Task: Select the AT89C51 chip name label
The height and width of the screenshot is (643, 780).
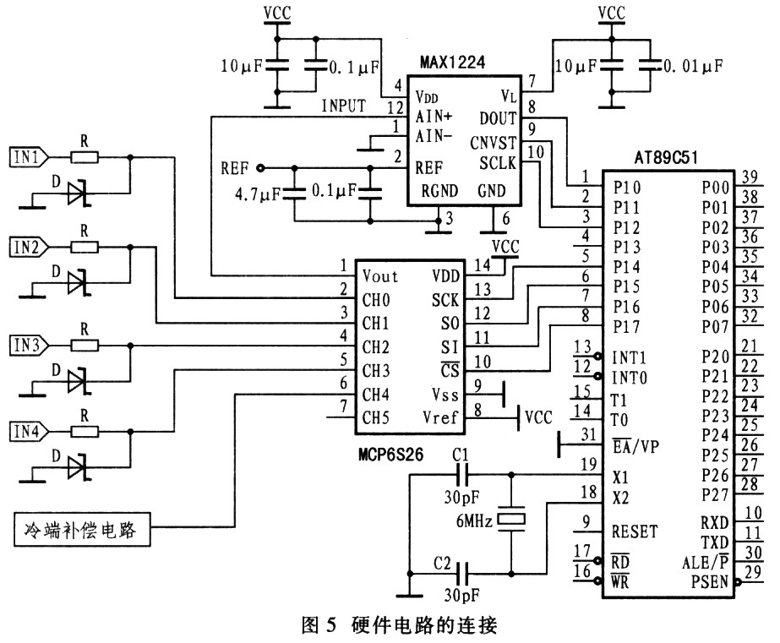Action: (667, 158)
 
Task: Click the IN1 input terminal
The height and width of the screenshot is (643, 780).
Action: (28, 156)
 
